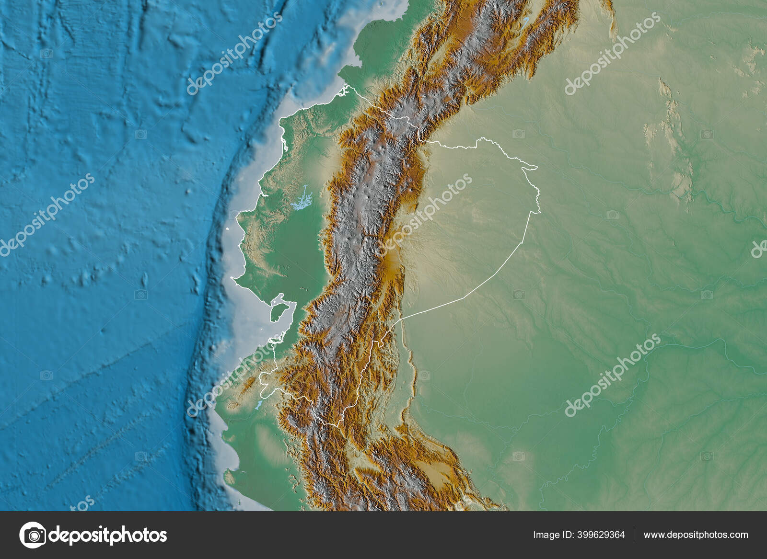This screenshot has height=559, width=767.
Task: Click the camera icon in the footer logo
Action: coord(33,535)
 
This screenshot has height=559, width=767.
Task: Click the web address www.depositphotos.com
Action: coord(696,535)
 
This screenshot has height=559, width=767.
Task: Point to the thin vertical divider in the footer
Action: coord(634,535)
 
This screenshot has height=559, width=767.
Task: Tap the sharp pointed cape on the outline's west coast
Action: coord(232,277)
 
